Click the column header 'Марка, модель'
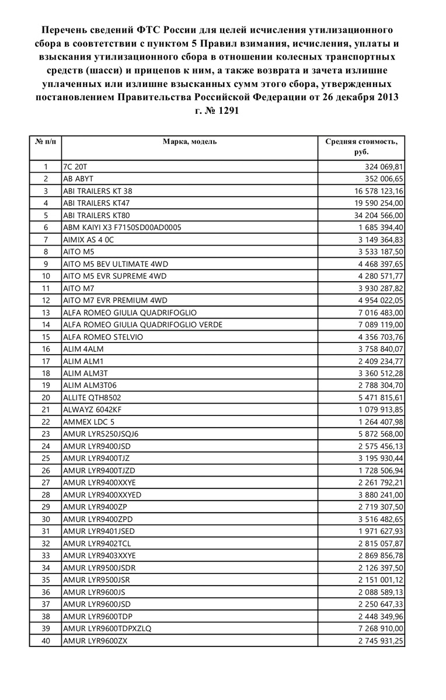[190, 142]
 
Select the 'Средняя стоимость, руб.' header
[361, 146]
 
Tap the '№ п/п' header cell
[46, 142]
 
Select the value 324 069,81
[382, 167]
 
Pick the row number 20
[46, 398]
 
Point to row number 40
[46, 640]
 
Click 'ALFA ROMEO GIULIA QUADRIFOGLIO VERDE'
[142, 325]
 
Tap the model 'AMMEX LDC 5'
[89, 422]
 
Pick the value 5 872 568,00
[376, 434]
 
